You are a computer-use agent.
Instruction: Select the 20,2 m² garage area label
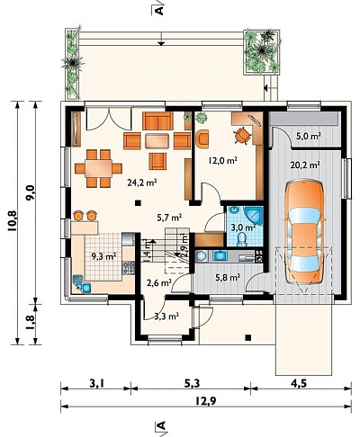[x=305, y=165]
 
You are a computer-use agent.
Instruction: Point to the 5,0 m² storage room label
[x=308, y=137]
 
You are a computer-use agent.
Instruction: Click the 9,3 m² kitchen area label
[x=103, y=256]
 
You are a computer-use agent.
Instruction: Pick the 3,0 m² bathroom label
[x=243, y=227]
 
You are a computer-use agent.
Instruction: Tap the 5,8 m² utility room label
[x=228, y=278]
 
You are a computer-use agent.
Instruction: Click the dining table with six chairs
[x=98, y=168]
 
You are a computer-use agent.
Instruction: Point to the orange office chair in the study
[x=242, y=136]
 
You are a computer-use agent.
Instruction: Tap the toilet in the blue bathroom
[x=241, y=240]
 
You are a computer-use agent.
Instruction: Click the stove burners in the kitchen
[x=128, y=268]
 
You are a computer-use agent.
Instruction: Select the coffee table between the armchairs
[x=157, y=141]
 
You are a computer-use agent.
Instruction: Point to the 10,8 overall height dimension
[x=13, y=220]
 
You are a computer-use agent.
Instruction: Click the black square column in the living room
[x=138, y=203]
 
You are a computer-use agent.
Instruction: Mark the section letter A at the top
[x=159, y=10]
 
